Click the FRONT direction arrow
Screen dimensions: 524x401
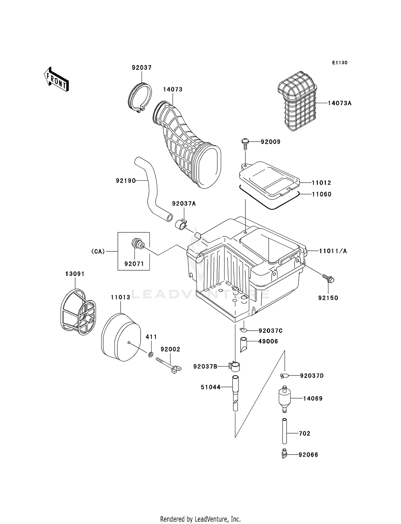56,80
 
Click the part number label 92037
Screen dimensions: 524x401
141,68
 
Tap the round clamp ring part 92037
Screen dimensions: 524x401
140,97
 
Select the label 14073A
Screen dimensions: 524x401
340,103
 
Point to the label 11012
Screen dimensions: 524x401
321,183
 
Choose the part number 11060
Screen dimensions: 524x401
322,194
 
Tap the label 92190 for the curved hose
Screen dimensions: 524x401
126,181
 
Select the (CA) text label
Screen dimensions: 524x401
98,251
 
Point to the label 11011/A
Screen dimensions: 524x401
333,251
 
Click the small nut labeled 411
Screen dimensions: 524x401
151,355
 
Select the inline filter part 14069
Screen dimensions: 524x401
284,399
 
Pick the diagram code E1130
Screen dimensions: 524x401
340,63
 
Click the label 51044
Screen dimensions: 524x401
210,387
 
